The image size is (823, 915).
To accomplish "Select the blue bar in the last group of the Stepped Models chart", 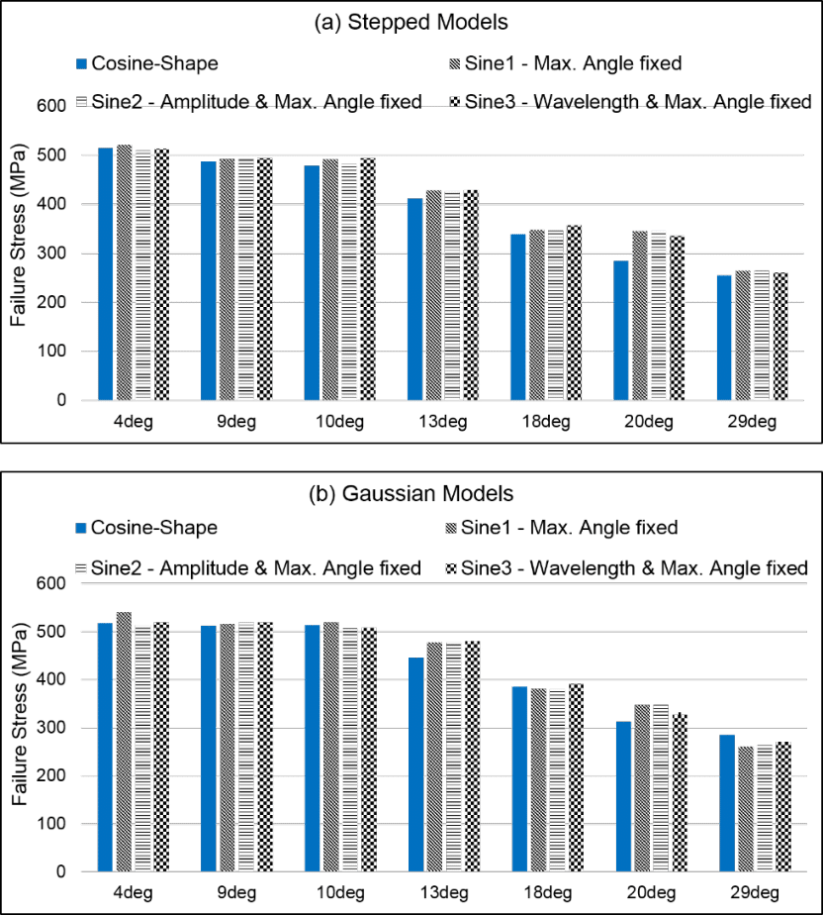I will point(724,338).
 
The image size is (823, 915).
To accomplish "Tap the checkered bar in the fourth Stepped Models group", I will point(471,295).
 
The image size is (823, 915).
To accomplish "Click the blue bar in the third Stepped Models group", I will point(312,283).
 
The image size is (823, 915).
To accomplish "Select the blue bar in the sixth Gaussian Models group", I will point(622,797).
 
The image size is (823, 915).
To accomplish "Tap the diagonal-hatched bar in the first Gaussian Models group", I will point(124,742).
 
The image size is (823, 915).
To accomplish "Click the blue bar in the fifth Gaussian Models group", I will point(519,778).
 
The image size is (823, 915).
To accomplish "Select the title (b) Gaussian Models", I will point(411,492).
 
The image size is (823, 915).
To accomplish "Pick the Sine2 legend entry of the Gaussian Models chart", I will point(248,568).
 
